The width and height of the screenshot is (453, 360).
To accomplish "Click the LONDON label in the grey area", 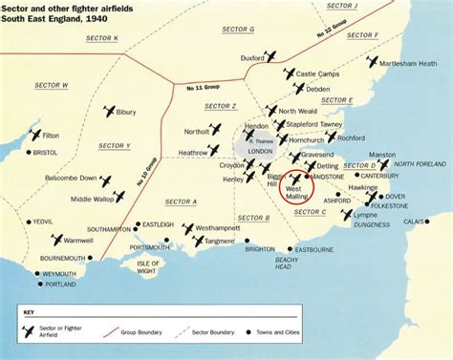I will tap(261, 152).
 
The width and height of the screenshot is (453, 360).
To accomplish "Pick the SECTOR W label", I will tap(53, 85).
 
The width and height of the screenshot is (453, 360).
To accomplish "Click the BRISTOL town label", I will tap(46, 152).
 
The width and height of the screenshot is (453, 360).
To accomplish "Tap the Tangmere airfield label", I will tap(220, 242).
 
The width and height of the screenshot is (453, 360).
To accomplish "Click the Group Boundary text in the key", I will tap(140, 332).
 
